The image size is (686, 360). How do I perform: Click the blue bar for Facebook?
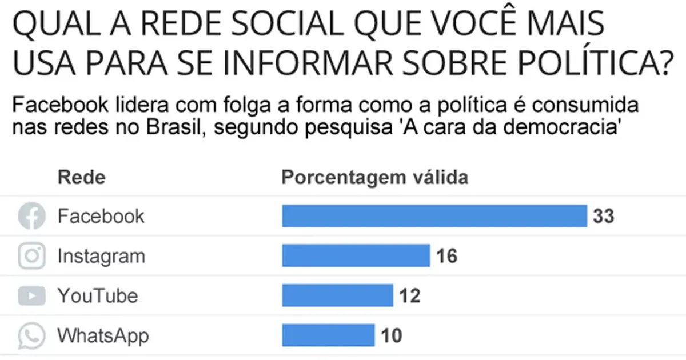(x=434, y=216)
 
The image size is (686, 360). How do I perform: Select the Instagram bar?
(x=356, y=256)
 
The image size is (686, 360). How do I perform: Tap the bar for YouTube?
(x=337, y=295)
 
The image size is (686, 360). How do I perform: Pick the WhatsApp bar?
(x=328, y=335)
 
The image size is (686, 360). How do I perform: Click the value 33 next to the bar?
(x=603, y=217)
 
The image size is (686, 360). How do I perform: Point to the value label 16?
(x=446, y=257)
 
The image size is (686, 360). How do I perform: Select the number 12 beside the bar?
(x=409, y=296)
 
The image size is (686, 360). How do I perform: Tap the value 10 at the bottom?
(x=391, y=336)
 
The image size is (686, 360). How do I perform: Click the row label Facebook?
(x=101, y=217)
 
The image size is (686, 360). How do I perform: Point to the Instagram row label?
(x=101, y=257)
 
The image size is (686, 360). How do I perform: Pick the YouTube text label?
(x=98, y=296)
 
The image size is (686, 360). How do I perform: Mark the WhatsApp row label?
(x=103, y=336)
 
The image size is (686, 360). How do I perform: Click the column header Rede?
(x=82, y=178)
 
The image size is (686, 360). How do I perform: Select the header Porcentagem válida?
(x=375, y=178)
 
